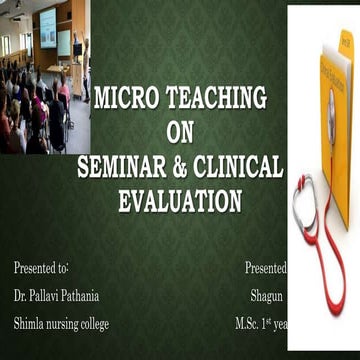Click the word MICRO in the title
coord(121,99)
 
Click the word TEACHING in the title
coord(209,99)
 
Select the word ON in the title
coord(179,133)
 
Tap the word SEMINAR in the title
coord(125,166)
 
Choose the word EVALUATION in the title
coord(179,200)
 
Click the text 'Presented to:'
coord(41,268)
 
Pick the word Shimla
coord(30,323)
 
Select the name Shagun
coord(269,296)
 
